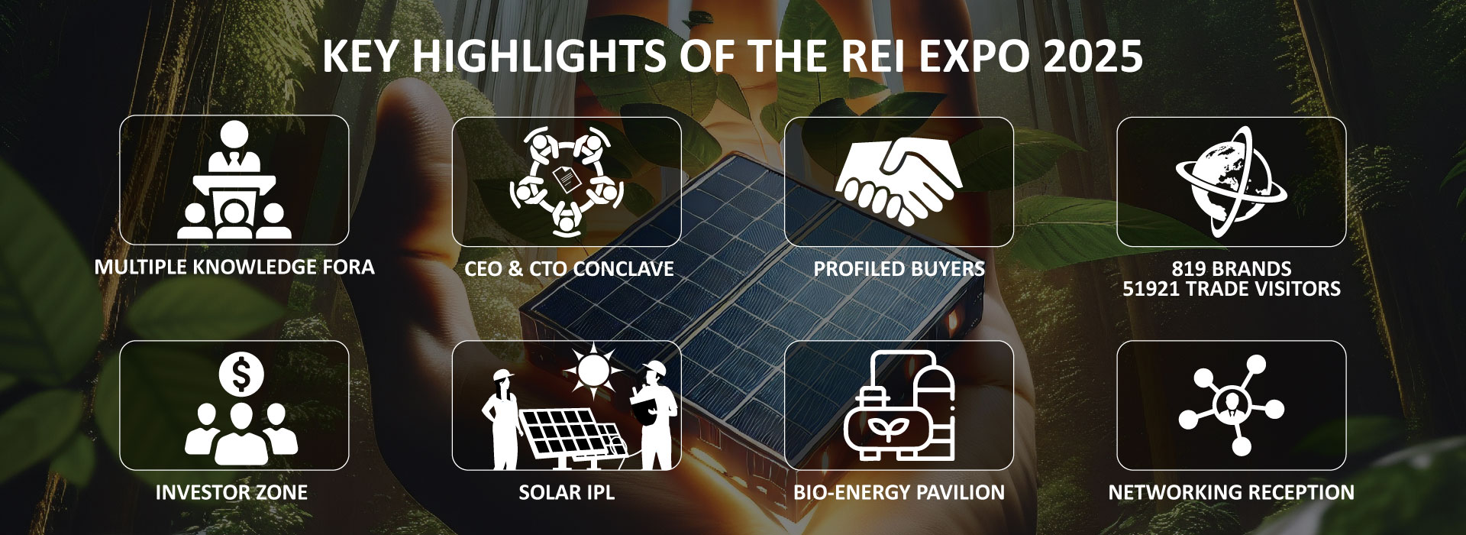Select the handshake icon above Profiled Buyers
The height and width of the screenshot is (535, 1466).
point(899,181)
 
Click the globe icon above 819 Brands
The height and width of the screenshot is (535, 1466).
point(1231,181)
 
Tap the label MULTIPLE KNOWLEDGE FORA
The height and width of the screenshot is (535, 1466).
point(234,267)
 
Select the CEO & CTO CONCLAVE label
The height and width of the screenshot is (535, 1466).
point(569,269)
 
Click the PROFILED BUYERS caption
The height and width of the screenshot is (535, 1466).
point(899,269)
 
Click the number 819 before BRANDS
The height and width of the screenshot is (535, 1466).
point(1189,269)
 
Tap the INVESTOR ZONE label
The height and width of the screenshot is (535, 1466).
point(231,493)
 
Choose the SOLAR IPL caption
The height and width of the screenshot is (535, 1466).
point(567,493)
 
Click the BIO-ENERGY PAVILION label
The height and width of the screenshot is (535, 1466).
point(899,493)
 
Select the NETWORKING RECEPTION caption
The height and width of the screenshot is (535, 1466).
point(1231,493)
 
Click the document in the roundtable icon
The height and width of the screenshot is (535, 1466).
point(565,180)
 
